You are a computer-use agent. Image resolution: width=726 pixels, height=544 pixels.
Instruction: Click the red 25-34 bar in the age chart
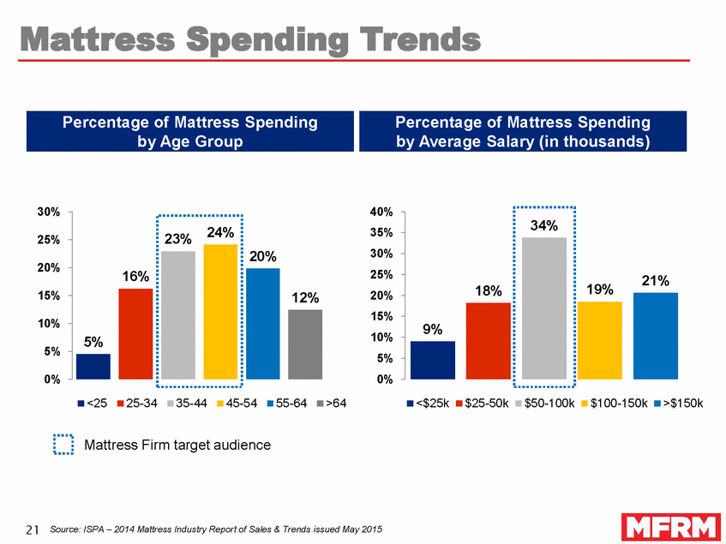tap(135, 333)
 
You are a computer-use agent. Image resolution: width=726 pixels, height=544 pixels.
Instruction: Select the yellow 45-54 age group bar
tap(220, 312)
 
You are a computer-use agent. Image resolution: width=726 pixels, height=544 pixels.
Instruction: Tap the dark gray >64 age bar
tap(305, 344)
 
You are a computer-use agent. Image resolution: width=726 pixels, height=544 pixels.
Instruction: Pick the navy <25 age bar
tap(93, 366)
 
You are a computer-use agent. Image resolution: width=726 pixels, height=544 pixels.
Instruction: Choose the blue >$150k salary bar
tap(655, 336)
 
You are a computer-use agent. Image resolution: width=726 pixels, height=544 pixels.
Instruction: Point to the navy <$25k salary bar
tap(433, 360)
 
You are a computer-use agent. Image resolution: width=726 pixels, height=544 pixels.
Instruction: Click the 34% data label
tap(544, 226)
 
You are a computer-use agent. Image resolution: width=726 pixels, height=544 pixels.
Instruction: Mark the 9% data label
tap(433, 328)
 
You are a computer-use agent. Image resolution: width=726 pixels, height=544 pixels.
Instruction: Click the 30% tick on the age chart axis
tap(47, 212)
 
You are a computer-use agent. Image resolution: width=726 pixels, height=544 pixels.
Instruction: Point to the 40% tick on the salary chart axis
tap(381, 212)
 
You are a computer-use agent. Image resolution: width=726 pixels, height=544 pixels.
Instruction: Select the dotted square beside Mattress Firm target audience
tap(64, 445)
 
